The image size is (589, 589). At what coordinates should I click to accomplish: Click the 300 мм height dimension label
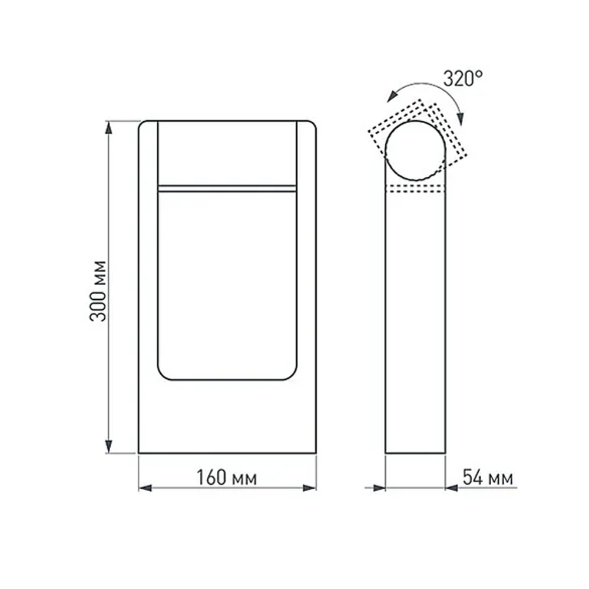coord(99,289)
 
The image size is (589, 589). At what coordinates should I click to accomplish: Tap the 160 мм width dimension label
coord(227,478)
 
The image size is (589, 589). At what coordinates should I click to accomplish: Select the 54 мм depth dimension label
coord(487,478)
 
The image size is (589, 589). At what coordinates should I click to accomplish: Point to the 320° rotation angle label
coord(462,79)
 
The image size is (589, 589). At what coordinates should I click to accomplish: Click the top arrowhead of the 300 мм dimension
coord(108,127)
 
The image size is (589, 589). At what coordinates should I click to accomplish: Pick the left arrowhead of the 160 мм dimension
coord(145,488)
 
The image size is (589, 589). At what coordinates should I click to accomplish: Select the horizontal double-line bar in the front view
coord(227,188)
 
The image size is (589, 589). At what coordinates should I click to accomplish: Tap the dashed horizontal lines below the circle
coord(415,188)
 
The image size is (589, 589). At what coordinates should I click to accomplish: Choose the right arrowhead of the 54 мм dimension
coord(452,488)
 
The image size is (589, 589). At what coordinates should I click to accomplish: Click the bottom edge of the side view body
coord(415,453)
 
